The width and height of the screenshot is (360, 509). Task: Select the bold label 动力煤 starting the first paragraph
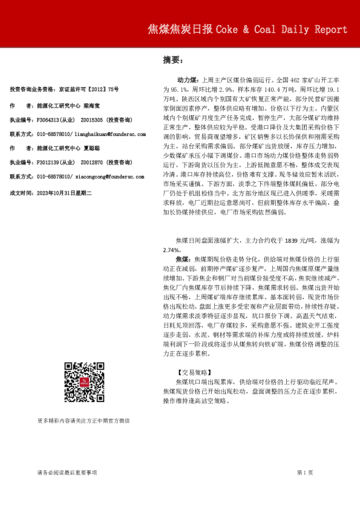point(187,79)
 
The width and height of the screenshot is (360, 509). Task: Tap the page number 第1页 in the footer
point(305,472)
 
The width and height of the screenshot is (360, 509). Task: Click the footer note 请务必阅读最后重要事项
point(67,472)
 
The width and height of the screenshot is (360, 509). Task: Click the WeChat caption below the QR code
point(83,420)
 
